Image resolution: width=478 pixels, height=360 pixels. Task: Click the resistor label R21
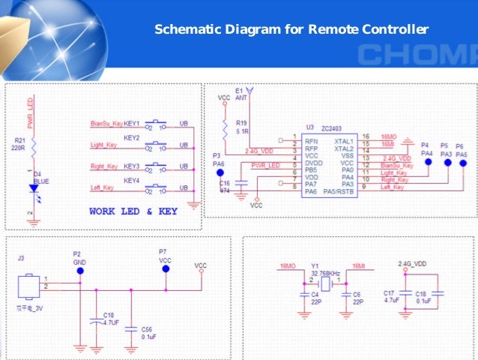(x=19, y=139)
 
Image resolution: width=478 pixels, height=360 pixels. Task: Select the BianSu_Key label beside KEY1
(x=106, y=123)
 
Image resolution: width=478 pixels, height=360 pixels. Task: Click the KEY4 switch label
(x=132, y=180)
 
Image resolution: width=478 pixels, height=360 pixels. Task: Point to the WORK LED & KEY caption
(x=133, y=211)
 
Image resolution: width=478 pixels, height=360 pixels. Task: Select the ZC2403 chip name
(x=335, y=127)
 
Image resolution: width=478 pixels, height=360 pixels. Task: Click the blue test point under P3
(x=220, y=172)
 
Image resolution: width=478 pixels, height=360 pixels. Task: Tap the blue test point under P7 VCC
(x=166, y=268)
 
